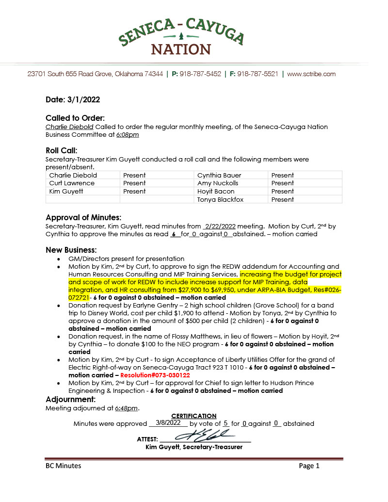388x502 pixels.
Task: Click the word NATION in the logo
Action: tap(181, 49)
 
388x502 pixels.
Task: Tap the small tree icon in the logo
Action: tap(181, 36)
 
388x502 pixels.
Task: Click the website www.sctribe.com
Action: tap(311, 74)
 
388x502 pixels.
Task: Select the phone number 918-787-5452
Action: tap(200, 74)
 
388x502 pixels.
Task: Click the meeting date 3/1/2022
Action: tap(86, 100)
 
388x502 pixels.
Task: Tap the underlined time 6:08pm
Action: tap(128, 135)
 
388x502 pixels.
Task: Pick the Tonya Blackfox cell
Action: tap(221, 199)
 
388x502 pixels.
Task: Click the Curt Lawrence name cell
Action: tap(72, 183)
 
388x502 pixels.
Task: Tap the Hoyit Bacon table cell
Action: tap(216, 192)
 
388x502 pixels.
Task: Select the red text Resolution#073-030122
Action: tap(155, 375)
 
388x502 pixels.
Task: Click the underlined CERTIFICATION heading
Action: tap(194, 416)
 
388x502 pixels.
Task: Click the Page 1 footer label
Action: tap(309, 466)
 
